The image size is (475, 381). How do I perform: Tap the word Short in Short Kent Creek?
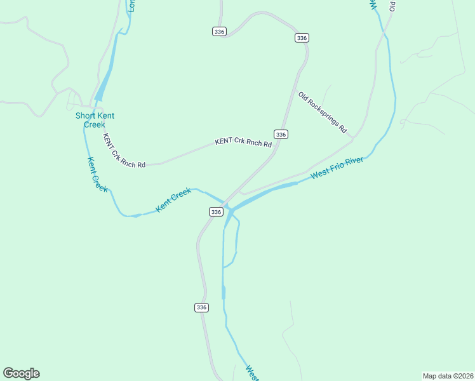(86, 116)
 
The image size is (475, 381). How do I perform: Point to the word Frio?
(337, 168)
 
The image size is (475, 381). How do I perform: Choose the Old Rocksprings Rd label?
(323, 112)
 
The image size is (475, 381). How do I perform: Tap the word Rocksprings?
(326, 115)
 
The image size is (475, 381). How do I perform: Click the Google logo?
(21, 373)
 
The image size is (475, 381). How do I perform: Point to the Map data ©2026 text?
(448, 375)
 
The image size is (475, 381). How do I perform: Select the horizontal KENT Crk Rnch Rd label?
(243, 143)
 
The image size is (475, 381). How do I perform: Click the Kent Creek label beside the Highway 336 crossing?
(173, 199)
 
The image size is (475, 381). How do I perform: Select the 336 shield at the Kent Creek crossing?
(216, 211)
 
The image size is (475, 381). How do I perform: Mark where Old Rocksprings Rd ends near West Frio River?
(353, 137)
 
